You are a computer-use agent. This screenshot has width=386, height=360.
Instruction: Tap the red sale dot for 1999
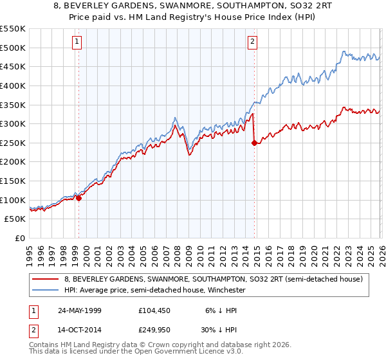tap(79, 198)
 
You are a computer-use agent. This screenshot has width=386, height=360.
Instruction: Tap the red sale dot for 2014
tap(255, 143)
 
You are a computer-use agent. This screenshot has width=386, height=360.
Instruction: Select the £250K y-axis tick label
tap(13, 143)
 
